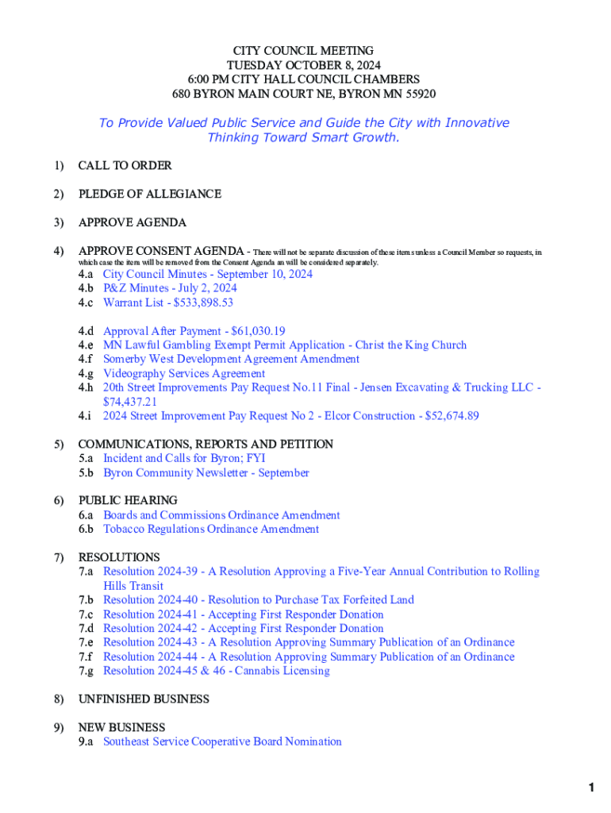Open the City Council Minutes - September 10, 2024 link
click(x=208, y=274)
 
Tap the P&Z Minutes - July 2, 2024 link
click(x=170, y=288)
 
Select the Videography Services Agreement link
click(x=184, y=373)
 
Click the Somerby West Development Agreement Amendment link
click(x=231, y=359)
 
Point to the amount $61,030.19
click(x=258, y=331)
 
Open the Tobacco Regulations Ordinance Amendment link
click(x=211, y=529)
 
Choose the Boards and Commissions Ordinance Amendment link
click(x=221, y=514)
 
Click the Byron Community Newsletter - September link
click(x=206, y=472)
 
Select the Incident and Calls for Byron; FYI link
click(x=184, y=458)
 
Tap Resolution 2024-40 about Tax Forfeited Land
click(x=259, y=599)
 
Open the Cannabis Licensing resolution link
click(x=217, y=671)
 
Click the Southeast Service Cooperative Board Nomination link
click(x=222, y=742)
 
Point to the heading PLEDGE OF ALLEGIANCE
click(x=149, y=194)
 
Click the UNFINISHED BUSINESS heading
click(x=144, y=699)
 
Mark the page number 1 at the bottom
click(x=591, y=788)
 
